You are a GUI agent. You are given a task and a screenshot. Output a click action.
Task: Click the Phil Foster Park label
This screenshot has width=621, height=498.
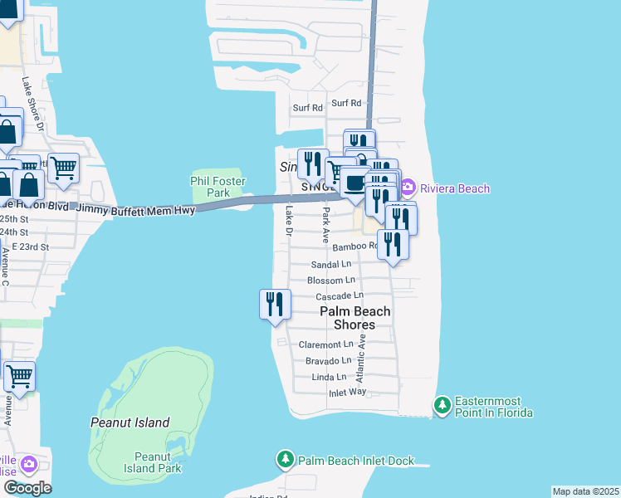pyautogui.click(x=209, y=186)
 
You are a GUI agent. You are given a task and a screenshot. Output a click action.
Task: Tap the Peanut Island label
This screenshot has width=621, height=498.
pyautogui.click(x=130, y=422)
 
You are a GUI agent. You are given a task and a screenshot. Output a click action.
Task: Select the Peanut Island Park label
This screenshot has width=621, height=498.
pyautogui.click(x=158, y=462)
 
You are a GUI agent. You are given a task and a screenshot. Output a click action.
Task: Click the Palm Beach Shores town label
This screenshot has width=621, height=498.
pyautogui.click(x=355, y=318)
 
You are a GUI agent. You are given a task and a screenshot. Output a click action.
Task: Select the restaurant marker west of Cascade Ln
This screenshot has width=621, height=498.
pyautogui.click(x=275, y=305)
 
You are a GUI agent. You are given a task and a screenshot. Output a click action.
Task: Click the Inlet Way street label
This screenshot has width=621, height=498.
pyautogui.click(x=347, y=393)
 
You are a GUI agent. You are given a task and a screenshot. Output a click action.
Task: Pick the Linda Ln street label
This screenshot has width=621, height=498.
pyautogui.click(x=328, y=377)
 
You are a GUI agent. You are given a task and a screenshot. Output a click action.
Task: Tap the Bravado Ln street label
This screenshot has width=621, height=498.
pyautogui.click(x=328, y=361)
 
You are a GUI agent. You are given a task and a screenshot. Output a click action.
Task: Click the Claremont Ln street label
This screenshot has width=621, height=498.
pyautogui.click(x=326, y=344)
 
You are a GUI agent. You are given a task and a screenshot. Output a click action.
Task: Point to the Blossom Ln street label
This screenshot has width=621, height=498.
pyautogui.click(x=330, y=281)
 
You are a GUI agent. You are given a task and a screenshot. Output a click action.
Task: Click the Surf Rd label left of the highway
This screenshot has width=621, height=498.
pyautogui.click(x=307, y=108)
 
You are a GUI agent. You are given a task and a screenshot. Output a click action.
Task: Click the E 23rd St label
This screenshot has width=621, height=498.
pyautogui.click(x=25, y=247)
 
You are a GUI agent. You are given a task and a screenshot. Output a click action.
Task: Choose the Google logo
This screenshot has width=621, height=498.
pyautogui.click(x=27, y=487)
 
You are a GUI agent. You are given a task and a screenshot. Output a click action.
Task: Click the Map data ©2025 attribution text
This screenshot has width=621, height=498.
pyautogui.click(x=585, y=491)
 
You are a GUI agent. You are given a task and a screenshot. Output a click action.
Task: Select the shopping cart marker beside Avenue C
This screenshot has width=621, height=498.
pyautogui.click(x=19, y=375)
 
